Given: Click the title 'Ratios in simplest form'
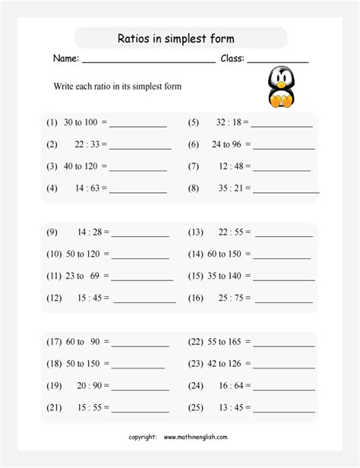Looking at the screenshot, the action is (x=180, y=39).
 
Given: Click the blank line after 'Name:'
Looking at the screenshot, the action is (x=148, y=60).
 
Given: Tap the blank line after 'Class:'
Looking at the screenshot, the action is (x=277, y=60).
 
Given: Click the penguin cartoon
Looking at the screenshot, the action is (x=282, y=86).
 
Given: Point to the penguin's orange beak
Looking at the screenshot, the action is (x=283, y=83).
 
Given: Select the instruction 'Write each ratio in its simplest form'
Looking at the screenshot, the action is (x=118, y=87).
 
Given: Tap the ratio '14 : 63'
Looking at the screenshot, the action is (x=91, y=187).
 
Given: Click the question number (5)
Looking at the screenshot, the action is (x=193, y=122).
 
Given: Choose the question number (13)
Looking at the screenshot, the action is (x=195, y=232).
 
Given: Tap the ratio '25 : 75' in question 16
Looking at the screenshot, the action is (x=231, y=299).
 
